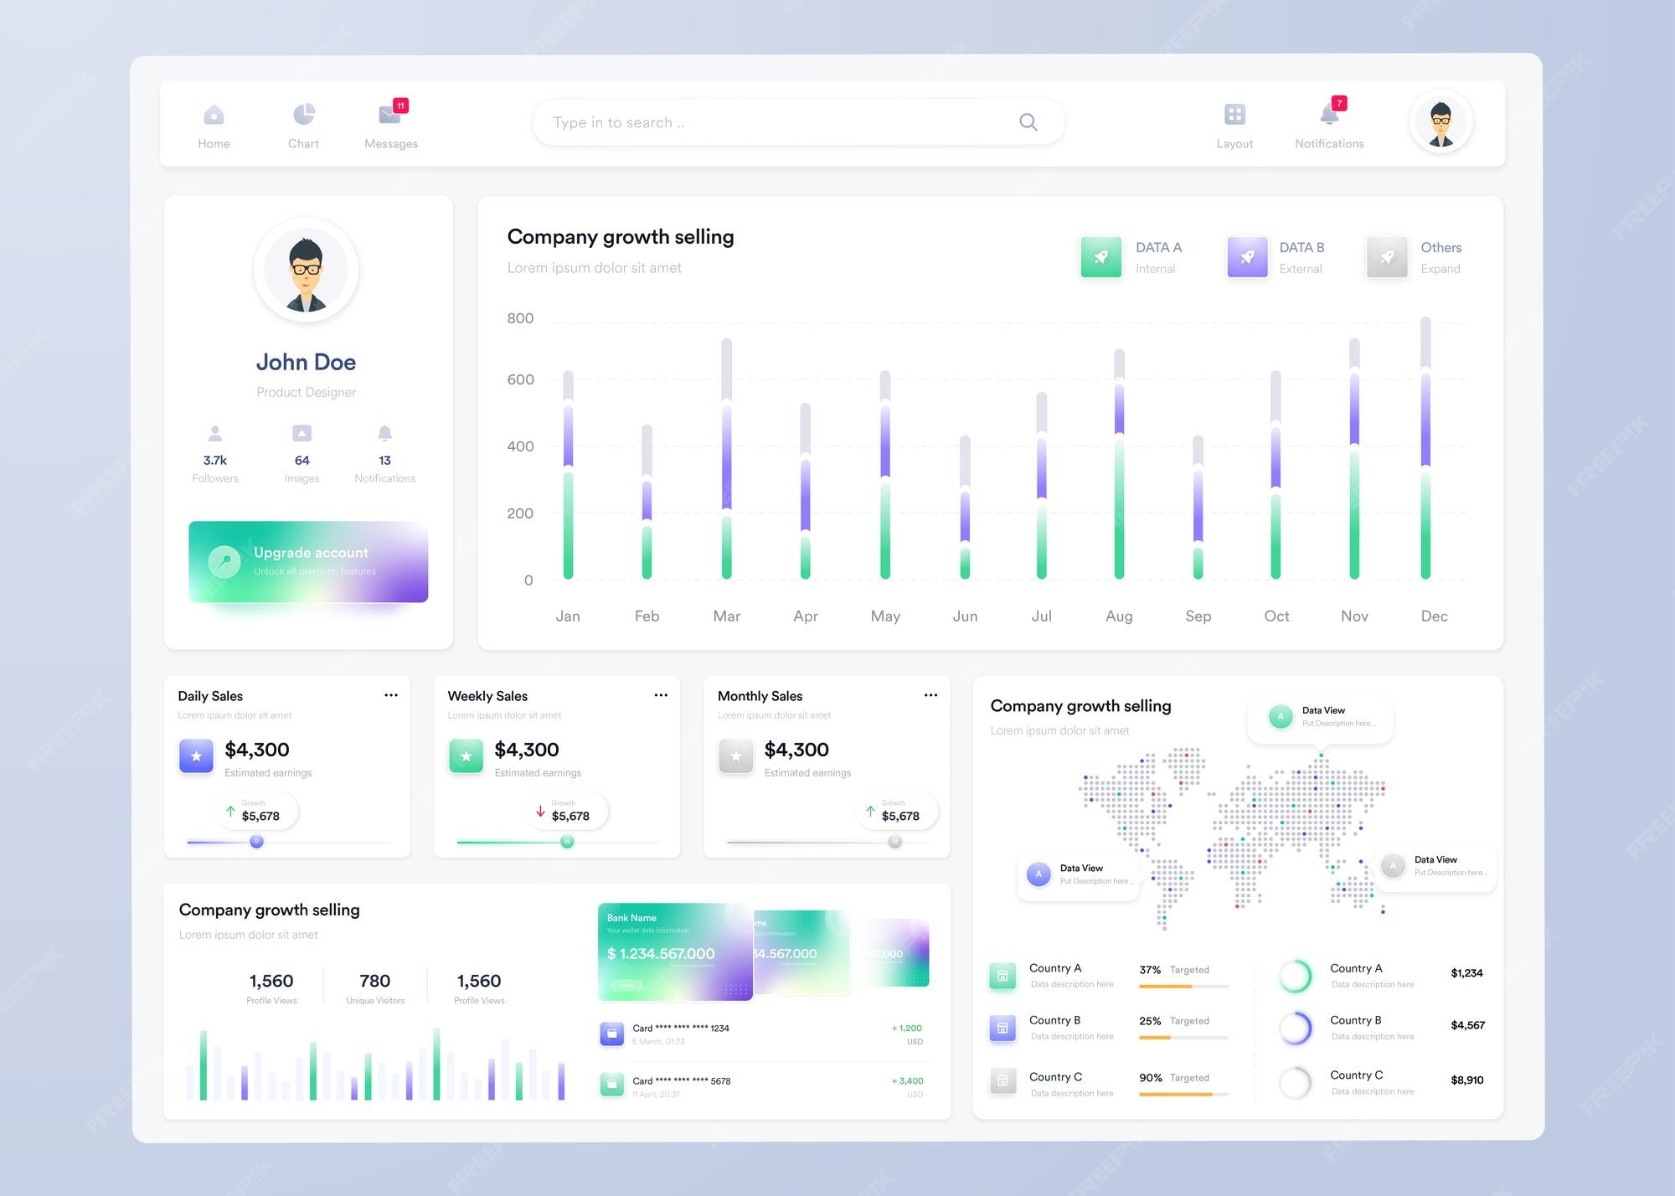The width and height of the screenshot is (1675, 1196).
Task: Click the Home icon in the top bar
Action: pos(214,115)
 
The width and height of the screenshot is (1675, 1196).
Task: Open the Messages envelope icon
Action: pos(389,114)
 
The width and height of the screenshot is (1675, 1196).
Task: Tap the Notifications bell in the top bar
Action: pos(1329,114)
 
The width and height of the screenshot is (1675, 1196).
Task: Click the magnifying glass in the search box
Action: pos(1028,122)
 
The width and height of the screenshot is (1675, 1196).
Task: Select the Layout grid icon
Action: pos(1234,114)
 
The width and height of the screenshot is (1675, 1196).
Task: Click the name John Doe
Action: pos(306,362)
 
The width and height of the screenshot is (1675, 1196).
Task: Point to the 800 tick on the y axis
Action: pos(520,318)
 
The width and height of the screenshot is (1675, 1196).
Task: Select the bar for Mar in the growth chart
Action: pos(726,459)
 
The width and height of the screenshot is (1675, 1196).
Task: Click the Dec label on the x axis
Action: pos(1434,616)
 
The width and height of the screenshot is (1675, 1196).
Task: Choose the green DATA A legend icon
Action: pos(1101,257)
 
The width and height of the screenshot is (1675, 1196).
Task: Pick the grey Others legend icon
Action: pos(1387,257)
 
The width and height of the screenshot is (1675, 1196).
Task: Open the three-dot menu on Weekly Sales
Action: pos(661,695)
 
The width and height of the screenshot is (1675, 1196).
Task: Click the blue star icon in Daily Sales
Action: pos(196,756)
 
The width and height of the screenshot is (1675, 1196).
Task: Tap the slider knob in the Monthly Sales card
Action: pos(895,842)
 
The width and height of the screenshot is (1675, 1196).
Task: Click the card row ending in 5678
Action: pos(681,1081)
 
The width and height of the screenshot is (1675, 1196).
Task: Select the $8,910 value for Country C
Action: pos(1466,1080)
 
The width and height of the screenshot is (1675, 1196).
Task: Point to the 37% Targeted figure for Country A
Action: pos(1150,970)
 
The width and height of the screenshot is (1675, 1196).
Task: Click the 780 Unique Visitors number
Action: pos(374,981)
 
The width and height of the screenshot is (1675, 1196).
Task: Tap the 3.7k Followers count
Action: pos(215,461)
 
